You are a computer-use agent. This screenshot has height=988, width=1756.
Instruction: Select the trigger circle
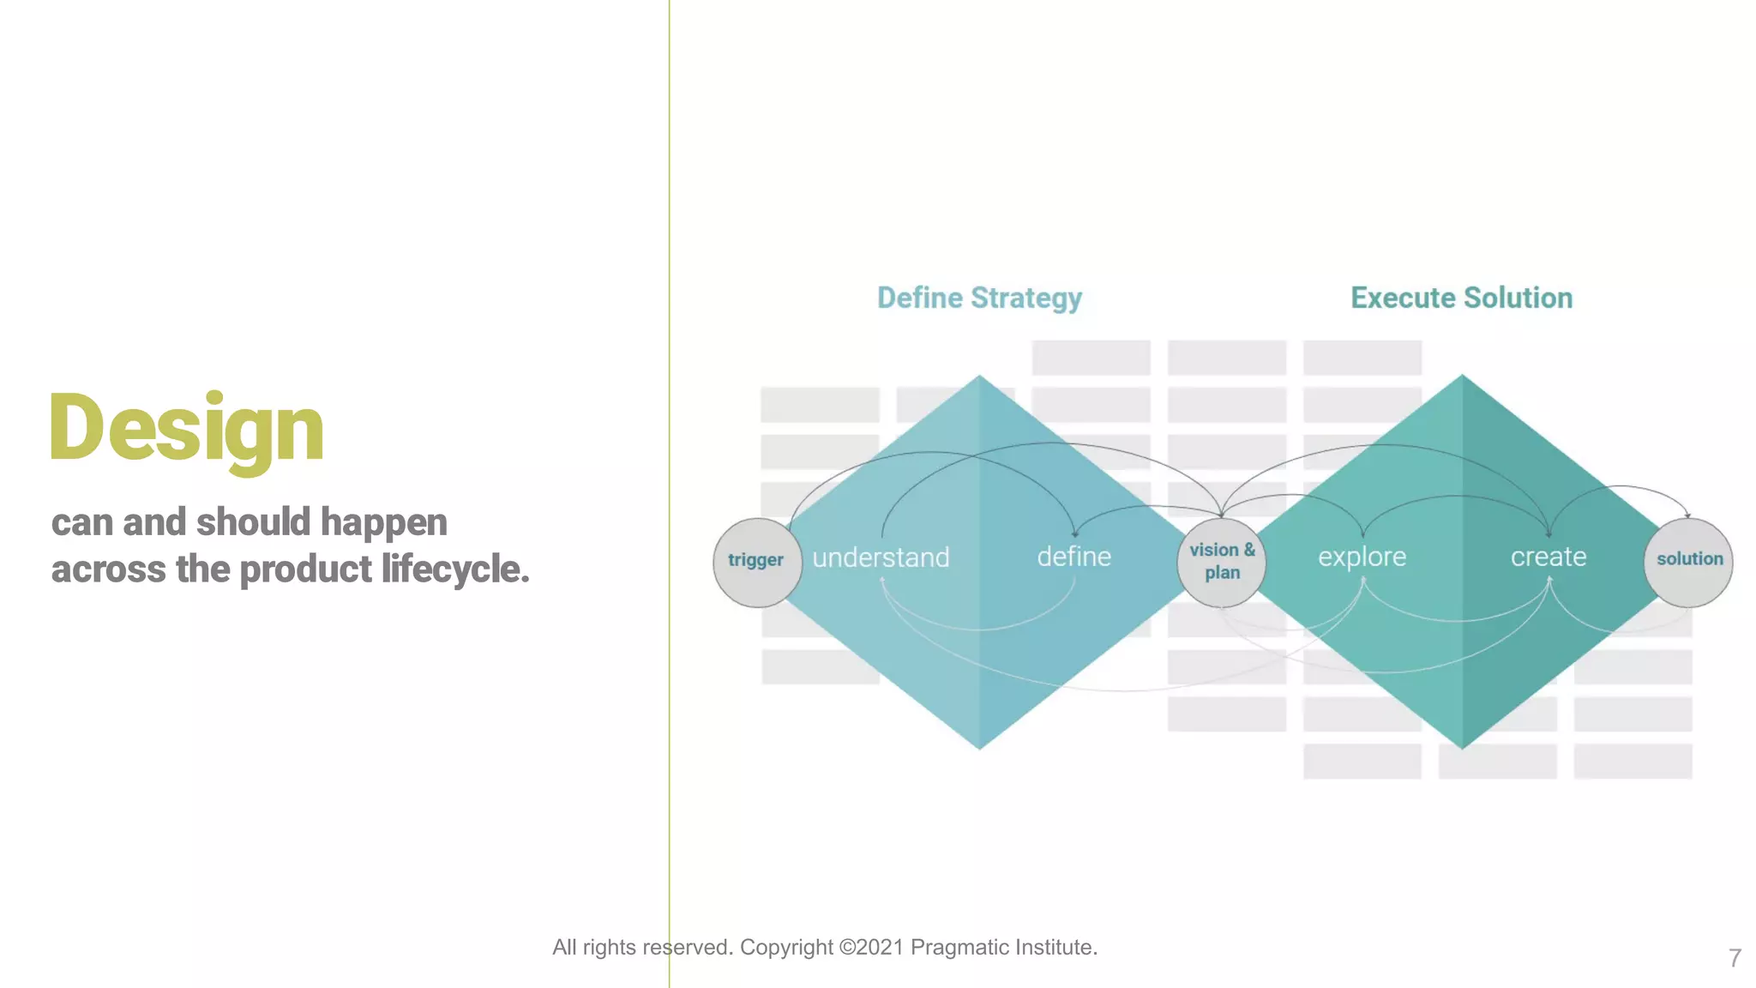tap(756, 562)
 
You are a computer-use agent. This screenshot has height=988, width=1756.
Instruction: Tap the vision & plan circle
tap(1222, 562)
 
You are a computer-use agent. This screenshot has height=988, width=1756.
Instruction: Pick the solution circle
tap(1688, 561)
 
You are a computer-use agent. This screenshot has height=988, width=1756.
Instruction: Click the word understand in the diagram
tap(881, 558)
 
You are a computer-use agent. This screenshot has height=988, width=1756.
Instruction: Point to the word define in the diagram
tap(1073, 557)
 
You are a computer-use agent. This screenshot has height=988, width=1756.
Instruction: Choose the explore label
tap(1362, 557)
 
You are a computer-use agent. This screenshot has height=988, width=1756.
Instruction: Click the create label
tap(1548, 557)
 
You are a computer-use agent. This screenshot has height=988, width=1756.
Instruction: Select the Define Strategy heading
tap(979, 298)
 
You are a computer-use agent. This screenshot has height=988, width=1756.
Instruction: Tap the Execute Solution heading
tap(1461, 298)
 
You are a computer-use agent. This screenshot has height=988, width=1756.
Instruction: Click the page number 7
tap(1735, 958)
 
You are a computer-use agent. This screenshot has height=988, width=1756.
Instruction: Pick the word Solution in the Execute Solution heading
tap(1518, 298)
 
